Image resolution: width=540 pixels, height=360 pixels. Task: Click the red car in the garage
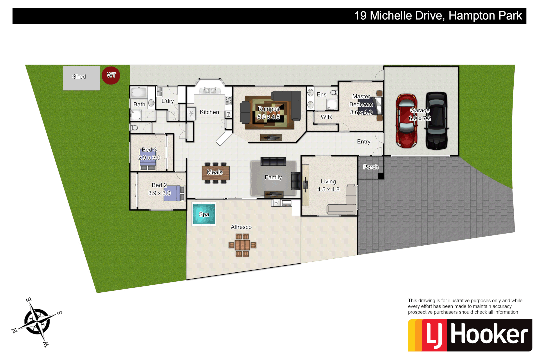(406, 121)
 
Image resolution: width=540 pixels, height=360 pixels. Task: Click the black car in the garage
(436, 121)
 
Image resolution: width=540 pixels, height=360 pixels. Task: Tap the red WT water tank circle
(111, 75)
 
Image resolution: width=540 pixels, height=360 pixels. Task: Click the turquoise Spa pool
(204, 214)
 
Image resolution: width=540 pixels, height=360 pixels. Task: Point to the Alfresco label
(241, 227)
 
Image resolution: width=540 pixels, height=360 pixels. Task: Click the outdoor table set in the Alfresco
(242, 245)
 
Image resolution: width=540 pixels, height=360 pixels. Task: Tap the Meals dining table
(215, 173)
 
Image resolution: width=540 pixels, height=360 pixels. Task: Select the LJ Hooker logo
(470, 335)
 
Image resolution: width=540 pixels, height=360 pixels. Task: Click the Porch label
(371, 167)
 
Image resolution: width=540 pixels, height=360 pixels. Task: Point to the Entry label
(363, 142)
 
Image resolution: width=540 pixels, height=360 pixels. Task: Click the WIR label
(326, 117)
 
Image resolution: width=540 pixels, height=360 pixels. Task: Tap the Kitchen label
(209, 112)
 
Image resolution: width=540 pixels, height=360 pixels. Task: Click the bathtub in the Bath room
(139, 92)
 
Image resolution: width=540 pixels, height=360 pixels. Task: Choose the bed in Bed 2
(174, 193)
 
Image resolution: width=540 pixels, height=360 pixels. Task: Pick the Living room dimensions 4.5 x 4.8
(328, 190)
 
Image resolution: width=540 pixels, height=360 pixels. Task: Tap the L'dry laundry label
(167, 101)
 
